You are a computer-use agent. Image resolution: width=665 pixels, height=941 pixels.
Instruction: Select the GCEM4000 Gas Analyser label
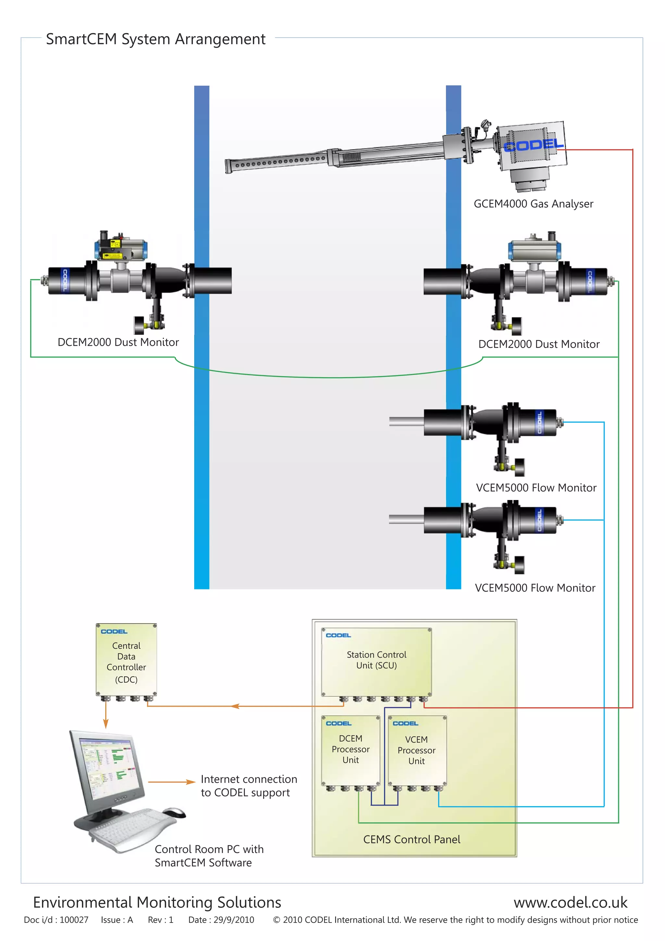533,204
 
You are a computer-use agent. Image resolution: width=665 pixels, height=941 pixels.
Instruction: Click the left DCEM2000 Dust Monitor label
118,342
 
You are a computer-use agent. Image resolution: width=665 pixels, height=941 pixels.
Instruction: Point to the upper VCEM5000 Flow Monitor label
536,488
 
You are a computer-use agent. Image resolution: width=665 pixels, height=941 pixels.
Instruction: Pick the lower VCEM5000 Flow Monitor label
535,588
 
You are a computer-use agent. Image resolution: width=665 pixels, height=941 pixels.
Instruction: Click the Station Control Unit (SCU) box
376,661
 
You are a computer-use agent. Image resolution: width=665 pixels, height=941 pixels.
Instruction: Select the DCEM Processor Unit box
350,750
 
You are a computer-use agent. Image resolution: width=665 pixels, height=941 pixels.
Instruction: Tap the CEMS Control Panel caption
411,839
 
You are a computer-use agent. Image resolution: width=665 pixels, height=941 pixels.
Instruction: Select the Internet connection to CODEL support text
248,786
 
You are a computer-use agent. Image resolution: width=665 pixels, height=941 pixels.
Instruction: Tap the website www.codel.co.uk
570,902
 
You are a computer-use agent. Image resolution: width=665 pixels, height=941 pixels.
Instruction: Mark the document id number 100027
74,920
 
